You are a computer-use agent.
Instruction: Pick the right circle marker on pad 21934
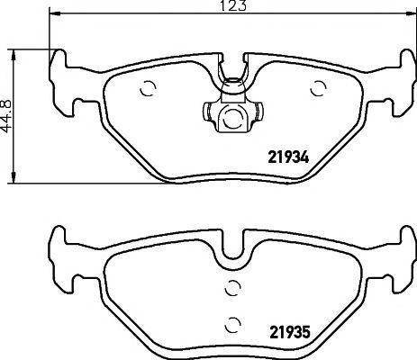coord(317,88)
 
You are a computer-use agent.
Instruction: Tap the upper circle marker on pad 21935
coord(232,288)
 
